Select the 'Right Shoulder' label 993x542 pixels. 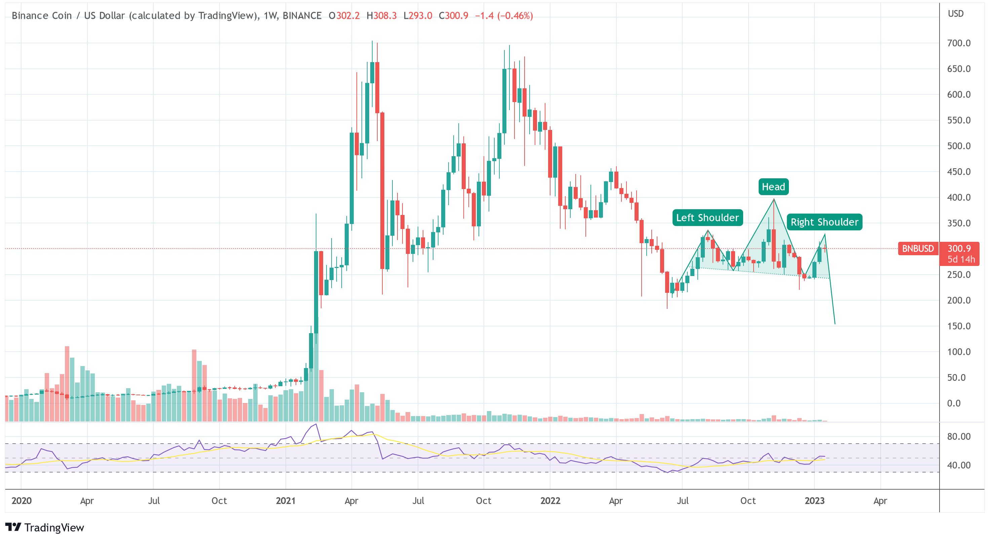(824, 222)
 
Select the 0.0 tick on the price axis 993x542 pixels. (954, 403)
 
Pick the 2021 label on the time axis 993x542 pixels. (285, 500)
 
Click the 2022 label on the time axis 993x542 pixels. (550, 500)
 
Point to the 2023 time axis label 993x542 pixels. (814, 500)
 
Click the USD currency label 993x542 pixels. (955, 14)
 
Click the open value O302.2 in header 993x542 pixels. (344, 16)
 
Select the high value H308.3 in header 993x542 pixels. (381, 16)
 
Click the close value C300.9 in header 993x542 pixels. (453, 16)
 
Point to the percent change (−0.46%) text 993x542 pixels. (515, 16)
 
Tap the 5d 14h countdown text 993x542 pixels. (961, 260)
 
